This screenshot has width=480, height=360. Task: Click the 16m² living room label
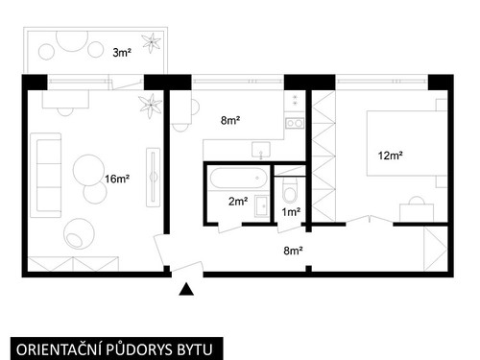pyautogui.click(x=117, y=179)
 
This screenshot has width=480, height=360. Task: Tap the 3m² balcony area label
pyautogui.click(x=122, y=53)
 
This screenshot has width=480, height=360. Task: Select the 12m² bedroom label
pyautogui.click(x=391, y=156)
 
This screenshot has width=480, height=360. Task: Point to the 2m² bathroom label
pyautogui.click(x=238, y=202)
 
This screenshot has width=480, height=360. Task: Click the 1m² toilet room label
pyautogui.click(x=291, y=211)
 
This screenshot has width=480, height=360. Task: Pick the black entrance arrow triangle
pyautogui.click(x=186, y=289)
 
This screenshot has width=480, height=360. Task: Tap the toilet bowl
pyautogui.click(x=290, y=190)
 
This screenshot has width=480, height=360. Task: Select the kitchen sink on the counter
pyautogui.click(x=261, y=150)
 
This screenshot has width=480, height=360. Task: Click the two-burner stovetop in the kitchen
pyautogui.click(x=295, y=123)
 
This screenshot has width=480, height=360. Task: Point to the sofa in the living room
pyautogui.click(x=46, y=175)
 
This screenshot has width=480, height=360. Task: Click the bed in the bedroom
pyautogui.click(x=406, y=143)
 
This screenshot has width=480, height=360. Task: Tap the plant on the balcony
pyautogui.click(x=151, y=42)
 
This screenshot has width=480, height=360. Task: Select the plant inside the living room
pyautogui.click(x=151, y=106)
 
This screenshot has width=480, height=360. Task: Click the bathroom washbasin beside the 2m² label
pyautogui.click(x=262, y=206)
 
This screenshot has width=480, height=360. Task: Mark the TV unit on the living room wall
pyautogui.click(x=154, y=177)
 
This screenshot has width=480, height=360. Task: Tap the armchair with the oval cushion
pyautogui.click(x=79, y=233)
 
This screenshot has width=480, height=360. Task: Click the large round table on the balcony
pyautogui.click(x=72, y=41)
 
